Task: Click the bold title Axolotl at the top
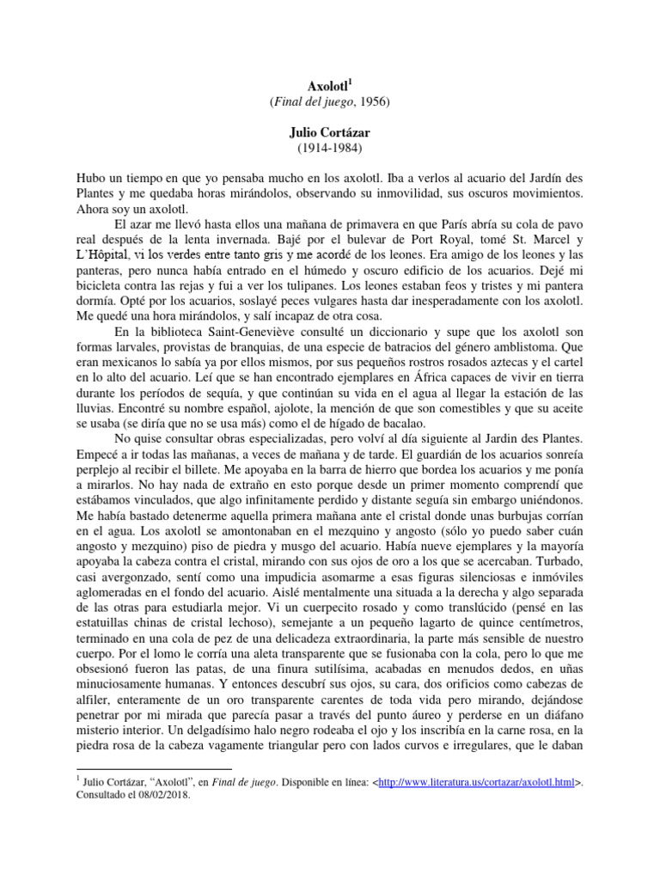(327, 87)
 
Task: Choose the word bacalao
(413, 423)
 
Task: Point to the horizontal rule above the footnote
(155, 768)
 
